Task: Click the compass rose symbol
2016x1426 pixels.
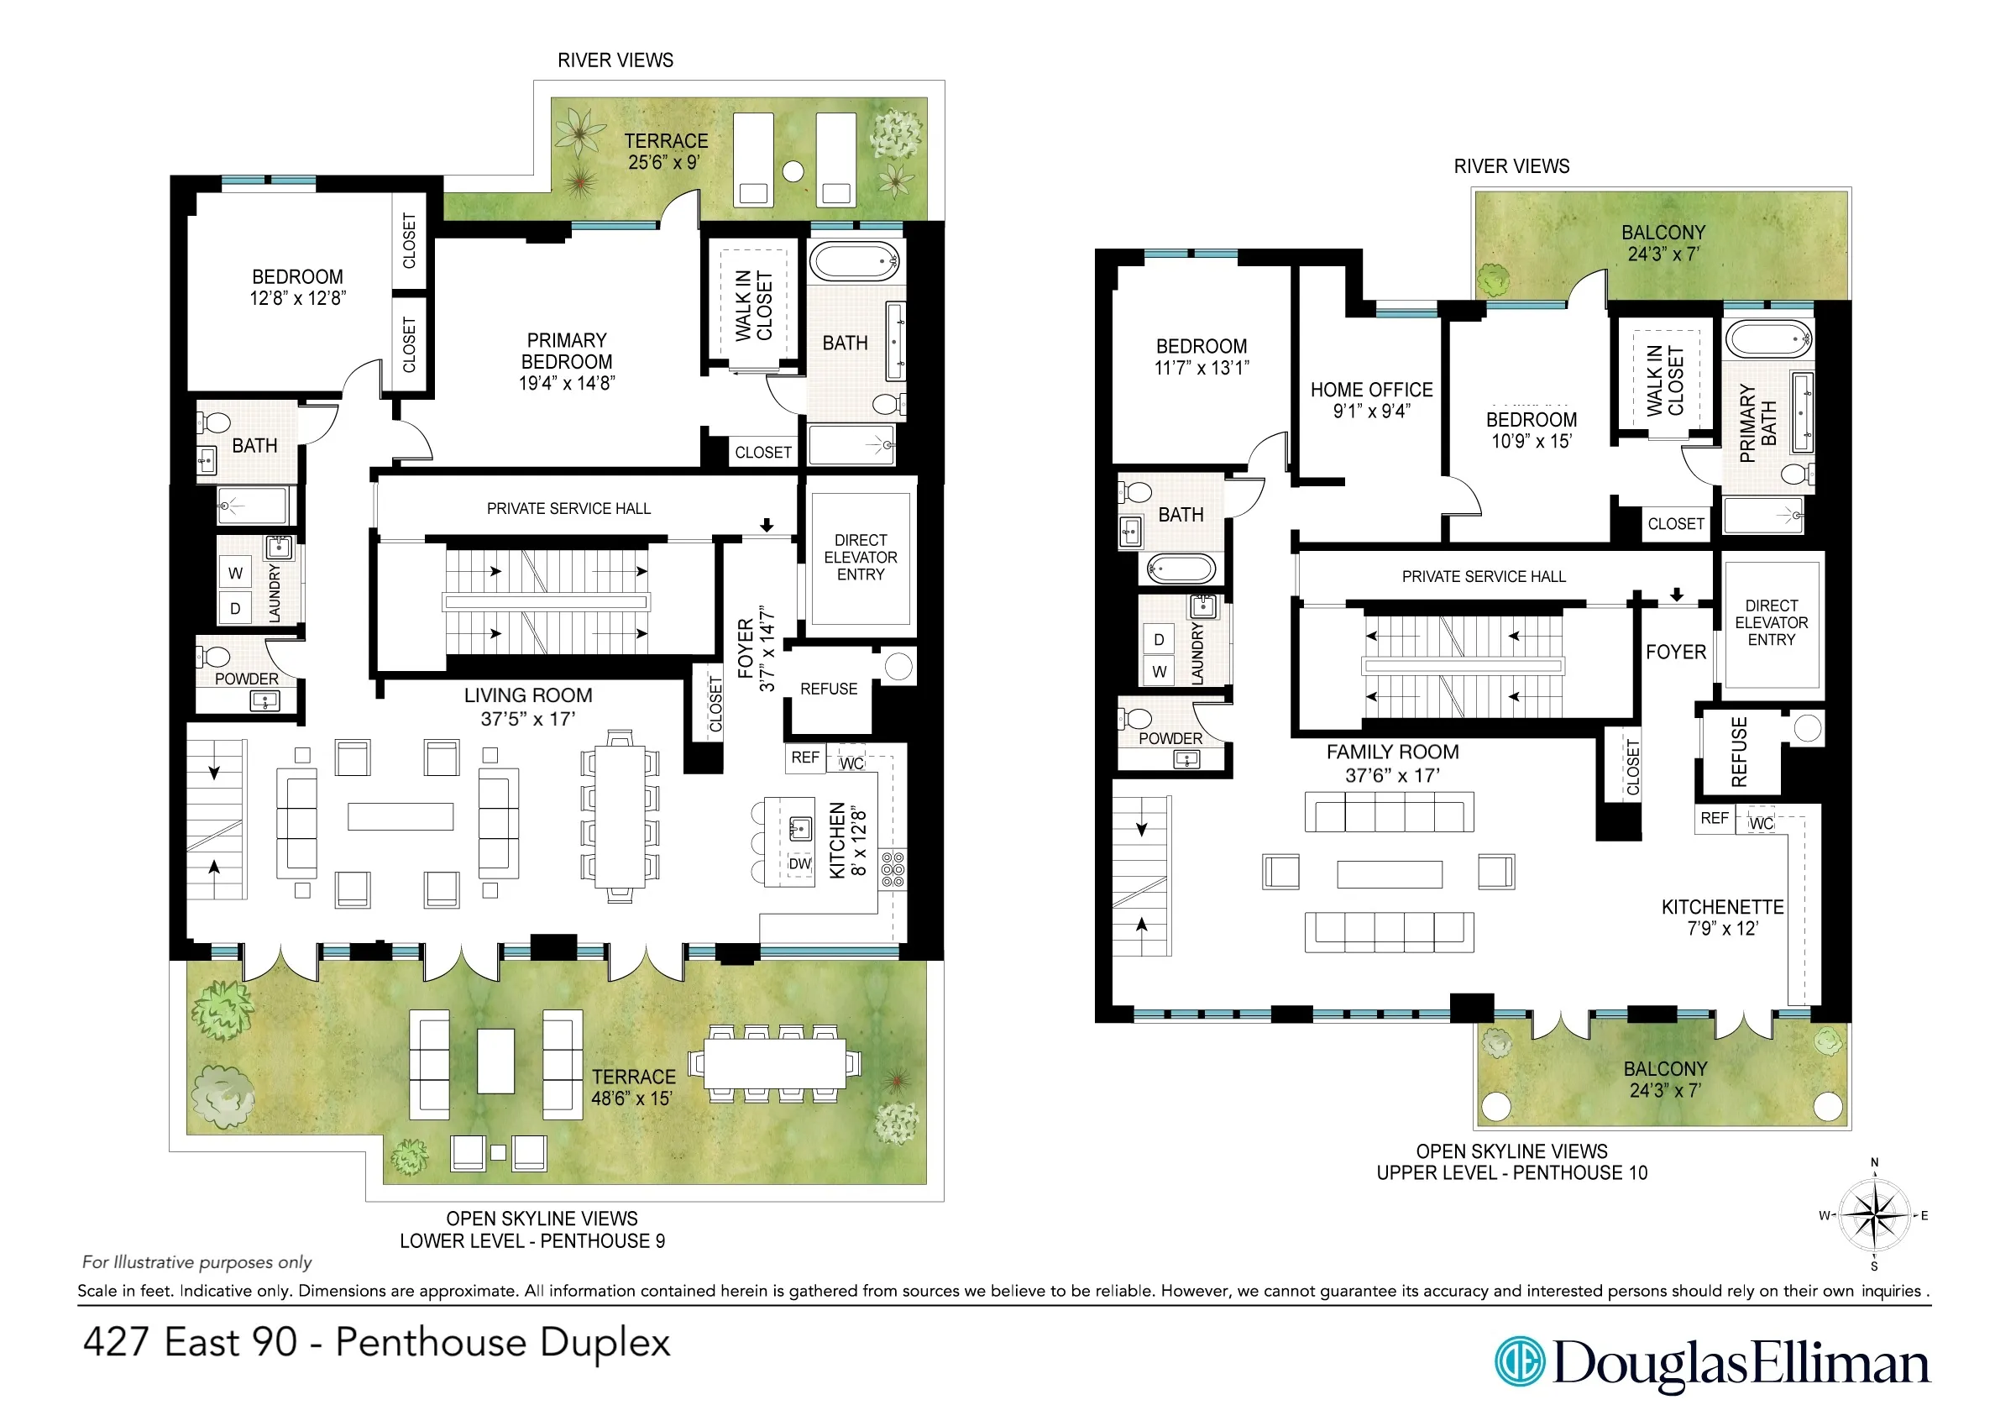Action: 1874,1216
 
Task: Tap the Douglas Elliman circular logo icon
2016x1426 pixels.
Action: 1520,1362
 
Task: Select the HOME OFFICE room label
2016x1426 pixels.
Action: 1371,400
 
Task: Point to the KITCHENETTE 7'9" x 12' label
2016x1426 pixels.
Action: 1722,917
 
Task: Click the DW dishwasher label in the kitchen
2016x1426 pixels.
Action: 799,864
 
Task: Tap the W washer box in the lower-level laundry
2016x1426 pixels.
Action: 235,574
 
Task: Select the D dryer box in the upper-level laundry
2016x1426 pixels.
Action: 1159,639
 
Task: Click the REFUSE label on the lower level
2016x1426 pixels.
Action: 828,689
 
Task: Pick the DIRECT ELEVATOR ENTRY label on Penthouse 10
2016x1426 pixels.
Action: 1771,622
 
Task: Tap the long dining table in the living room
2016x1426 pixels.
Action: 620,816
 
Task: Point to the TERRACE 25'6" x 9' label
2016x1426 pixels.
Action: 666,151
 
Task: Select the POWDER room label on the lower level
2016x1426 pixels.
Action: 247,679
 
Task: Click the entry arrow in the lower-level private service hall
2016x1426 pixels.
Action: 767,525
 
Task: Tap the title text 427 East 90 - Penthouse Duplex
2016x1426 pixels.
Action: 376,1343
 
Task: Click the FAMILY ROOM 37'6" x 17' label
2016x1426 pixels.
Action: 1393,763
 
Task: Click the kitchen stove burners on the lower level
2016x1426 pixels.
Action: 892,868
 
